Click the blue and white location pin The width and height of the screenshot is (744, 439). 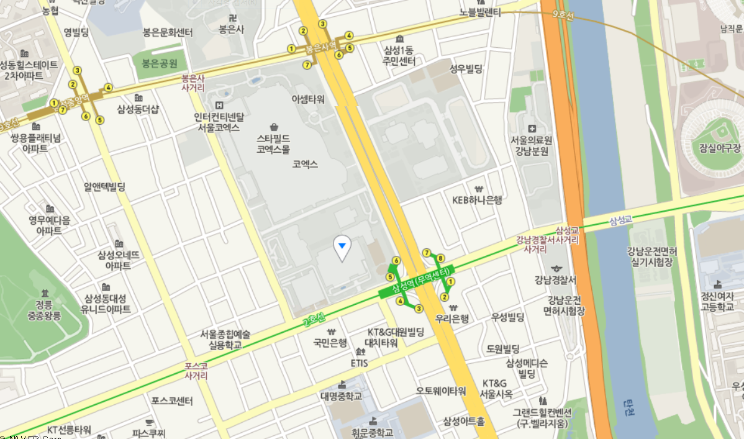point(342,248)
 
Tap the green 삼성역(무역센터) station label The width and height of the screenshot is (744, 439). point(420,281)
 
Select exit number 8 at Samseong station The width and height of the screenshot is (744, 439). point(440,258)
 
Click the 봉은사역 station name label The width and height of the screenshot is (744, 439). point(320,47)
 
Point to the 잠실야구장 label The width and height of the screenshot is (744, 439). point(720,148)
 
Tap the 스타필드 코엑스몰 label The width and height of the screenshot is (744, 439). point(273,143)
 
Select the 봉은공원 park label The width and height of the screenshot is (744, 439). point(159,63)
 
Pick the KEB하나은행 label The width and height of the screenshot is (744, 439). point(477,199)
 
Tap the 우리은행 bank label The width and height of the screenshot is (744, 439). point(451,319)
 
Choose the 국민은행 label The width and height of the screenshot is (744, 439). point(330,342)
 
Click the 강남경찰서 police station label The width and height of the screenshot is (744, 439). point(555,279)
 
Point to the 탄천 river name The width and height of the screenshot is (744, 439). point(629,407)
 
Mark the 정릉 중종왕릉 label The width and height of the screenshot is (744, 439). point(44,310)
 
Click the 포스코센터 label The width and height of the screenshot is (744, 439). point(172,401)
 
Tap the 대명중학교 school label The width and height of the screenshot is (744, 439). point(341,396)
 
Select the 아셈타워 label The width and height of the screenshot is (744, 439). point(308,99)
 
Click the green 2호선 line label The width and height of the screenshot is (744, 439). point(314,320)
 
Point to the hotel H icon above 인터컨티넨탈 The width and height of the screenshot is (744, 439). point(218,104)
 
